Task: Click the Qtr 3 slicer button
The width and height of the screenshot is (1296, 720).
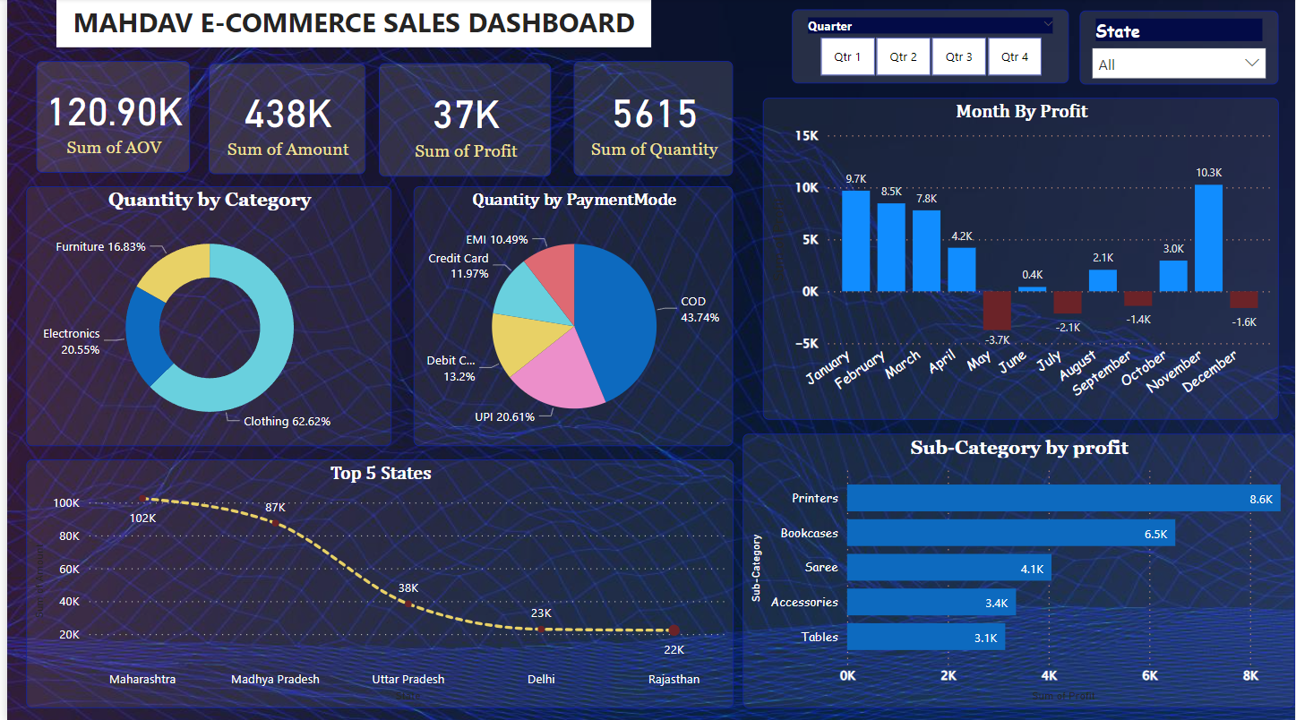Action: tap(958, 56)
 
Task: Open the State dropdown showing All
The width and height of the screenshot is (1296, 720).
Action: tap(1178, 64)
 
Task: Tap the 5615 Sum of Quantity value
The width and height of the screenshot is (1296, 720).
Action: tap(655, 114)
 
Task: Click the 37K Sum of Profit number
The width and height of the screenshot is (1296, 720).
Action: tap(466, 116)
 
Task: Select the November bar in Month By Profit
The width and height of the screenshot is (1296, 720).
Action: tap(1208, 238)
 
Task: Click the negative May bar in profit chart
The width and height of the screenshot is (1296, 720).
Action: tap(997, 311)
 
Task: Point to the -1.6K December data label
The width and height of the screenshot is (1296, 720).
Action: tap(1244, 322)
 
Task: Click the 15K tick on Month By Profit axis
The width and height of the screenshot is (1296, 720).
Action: tap(806, 136)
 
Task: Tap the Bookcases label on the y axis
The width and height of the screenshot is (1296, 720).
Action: tap(809, 533)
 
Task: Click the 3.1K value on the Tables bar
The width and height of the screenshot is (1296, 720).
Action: tap(985, 638)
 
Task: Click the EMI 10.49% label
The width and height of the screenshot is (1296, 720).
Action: tap(496, 240)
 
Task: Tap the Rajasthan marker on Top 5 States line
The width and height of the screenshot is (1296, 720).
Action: tap(674, 630)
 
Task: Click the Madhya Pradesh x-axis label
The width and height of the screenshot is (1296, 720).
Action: tap(275, 679)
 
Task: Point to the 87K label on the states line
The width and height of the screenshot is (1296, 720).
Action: tap(275, 508)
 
